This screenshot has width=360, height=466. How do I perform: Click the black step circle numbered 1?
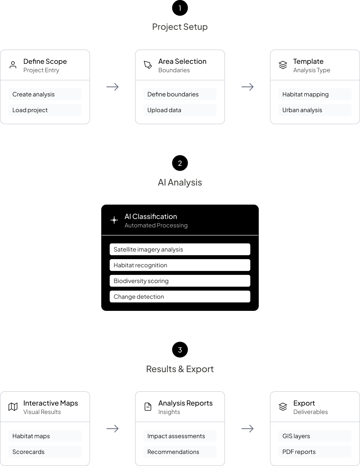pos(180,8)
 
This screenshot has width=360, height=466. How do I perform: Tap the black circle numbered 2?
pos(180,163)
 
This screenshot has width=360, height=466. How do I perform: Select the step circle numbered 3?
pos(180,350)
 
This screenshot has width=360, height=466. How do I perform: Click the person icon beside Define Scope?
pos(13,65)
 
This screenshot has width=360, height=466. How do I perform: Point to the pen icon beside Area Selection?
pos(148,65)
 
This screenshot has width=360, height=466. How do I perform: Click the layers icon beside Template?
pos(283,65)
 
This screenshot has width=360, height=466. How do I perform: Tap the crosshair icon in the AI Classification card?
pos(114,220)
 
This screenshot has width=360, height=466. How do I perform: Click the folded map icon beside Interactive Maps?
pos(13,407)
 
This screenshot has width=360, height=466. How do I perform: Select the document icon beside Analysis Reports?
pos(148,407)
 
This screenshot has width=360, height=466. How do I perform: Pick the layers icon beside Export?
pos(283,407)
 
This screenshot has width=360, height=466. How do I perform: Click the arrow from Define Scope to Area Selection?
pos(112,87)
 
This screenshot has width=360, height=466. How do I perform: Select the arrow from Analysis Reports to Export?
pos(247,429)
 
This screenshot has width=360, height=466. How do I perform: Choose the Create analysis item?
pos(45,94)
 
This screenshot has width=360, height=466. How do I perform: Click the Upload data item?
pos(180,110)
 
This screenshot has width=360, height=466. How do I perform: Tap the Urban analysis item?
pos(315,110)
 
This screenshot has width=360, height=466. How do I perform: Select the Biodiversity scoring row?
pos(180,281)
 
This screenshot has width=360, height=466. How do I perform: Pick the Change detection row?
pos(180,297)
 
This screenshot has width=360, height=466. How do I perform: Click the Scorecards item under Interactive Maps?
pos(45,452)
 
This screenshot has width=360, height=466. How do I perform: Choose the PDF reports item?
pos(315,452)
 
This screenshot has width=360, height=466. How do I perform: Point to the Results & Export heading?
pos(180,369)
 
